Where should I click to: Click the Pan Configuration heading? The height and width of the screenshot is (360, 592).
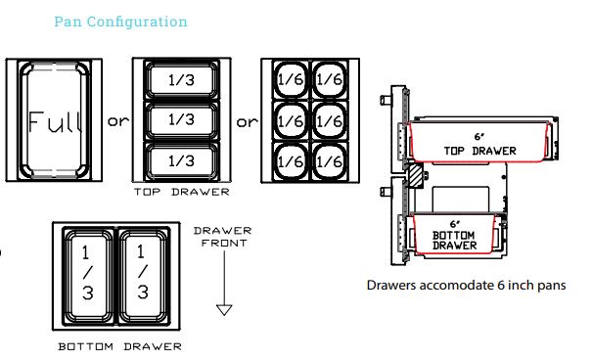point(120,22)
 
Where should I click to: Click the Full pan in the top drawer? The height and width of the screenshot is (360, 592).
point(55,120)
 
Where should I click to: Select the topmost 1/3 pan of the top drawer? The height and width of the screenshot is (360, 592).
point(182,80)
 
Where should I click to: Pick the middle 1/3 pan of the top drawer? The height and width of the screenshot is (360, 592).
point(182,120)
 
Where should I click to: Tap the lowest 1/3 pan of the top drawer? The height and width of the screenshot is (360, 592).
point(182,160)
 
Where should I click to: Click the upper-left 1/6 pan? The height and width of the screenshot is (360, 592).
point(291,79)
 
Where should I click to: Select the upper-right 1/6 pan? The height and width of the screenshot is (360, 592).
point(329,79)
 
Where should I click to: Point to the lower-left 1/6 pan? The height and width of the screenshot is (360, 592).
point(291,161)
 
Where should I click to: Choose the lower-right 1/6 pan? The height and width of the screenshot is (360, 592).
point(329,161)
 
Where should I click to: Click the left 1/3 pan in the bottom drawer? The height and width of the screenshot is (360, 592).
point(88,276)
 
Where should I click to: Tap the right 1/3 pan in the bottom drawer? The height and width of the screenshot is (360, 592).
point(144,276)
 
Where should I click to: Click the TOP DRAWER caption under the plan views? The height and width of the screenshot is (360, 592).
point(182,192)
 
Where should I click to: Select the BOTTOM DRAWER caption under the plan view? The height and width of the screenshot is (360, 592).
point(119,346)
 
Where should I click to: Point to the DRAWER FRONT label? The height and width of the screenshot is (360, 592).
point(223,237)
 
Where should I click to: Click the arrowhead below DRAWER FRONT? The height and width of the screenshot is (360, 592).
point(224,309)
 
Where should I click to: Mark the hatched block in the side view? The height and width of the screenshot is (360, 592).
point(416,174)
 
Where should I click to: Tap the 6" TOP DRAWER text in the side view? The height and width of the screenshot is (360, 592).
point(479,144)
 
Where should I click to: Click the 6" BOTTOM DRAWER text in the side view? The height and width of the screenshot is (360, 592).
point(455,235)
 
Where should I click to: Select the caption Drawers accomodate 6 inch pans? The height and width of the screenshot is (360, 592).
point(466,286)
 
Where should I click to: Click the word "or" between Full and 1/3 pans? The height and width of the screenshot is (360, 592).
point(118,121)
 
